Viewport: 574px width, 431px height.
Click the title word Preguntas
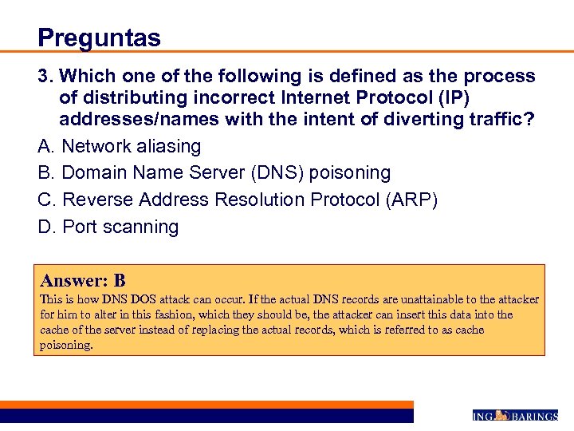(99, 38)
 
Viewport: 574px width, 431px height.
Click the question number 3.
(44, 77)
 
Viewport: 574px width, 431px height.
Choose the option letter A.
(45, 147)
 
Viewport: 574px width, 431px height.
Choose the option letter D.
(45, 227)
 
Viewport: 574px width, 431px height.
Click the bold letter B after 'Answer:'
(120, 281)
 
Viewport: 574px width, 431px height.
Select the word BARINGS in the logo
(534, 416)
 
